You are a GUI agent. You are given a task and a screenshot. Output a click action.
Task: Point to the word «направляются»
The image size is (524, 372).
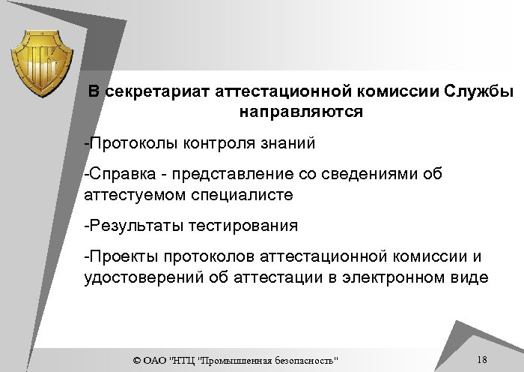302,113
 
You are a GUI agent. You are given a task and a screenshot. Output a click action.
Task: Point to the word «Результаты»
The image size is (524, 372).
130,225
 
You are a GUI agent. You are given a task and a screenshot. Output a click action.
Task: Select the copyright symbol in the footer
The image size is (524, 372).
135,361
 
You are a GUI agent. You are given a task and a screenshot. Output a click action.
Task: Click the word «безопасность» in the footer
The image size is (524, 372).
302,361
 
